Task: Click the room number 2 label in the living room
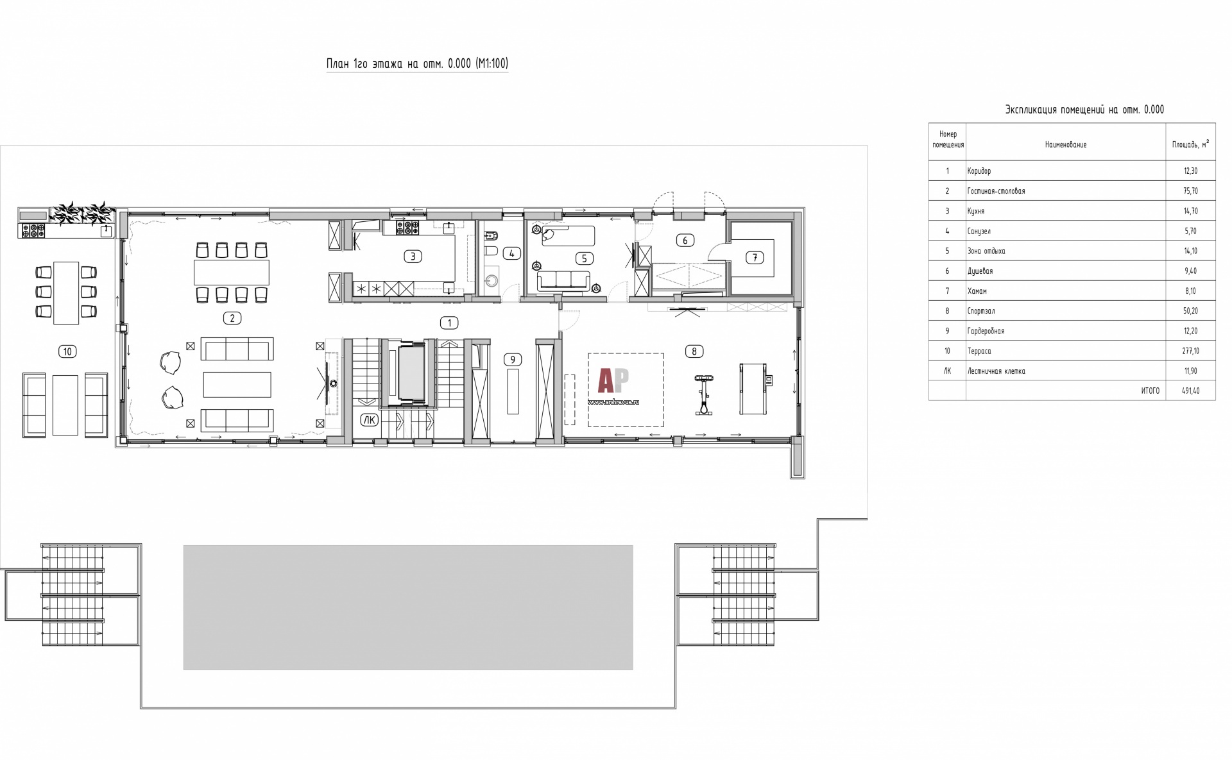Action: tap(232, 318)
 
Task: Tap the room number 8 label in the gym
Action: tap(694, 351)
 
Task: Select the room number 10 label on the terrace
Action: tap(67, 351)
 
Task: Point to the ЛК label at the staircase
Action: tap(369, 420)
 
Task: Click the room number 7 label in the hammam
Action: tap(755, 258)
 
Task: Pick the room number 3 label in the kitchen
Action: tap(413, 257)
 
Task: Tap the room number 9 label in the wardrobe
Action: tap(512, 360)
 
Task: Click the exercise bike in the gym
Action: tap(704, 395)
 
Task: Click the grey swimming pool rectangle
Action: tap(408, 607)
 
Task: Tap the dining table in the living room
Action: tap(232, 273)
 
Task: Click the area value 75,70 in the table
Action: tap(1190, 191)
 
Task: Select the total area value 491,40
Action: tap(1190, 391)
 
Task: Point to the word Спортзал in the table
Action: tap(981, 311)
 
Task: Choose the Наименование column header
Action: tap(1066, 145)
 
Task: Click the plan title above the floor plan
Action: tap(417, 63)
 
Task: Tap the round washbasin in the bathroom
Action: tap(492, 281)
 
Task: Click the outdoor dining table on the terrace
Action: tap(66, 293)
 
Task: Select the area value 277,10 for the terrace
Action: tap(1190, 351)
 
